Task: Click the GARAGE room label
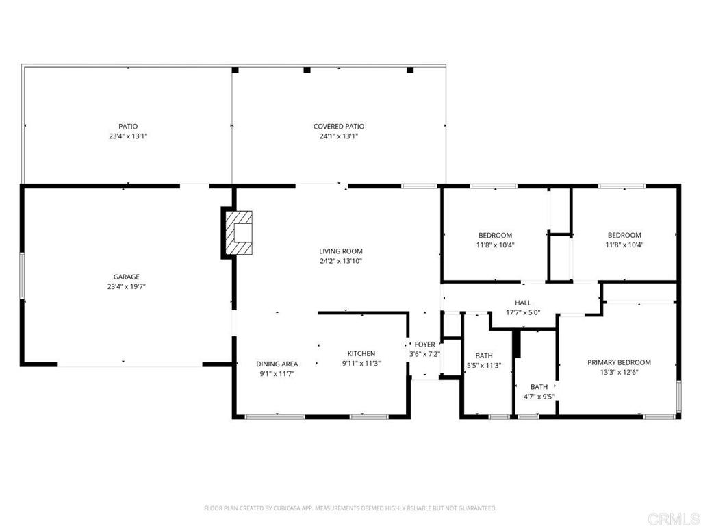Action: click(x=127, y=277)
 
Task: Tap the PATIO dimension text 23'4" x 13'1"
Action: click(x=128, y=136)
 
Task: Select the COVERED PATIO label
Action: click(x=339, y=127)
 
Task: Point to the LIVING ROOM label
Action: click(x=341, y=251)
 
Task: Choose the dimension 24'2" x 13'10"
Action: click(x=341, y=261)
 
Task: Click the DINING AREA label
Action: click(x=277, y=364)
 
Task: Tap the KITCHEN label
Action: click(x=361, y=354)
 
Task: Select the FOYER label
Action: click(x=424, y=345)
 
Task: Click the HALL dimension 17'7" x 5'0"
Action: click(x=523, y=312)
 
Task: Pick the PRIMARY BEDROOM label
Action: click(x=619, y=362)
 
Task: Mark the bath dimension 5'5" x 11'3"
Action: click(x=484, y=366)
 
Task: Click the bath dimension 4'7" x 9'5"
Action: click(x=539, y=397)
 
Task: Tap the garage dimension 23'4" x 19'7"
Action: click(x=127, y=287)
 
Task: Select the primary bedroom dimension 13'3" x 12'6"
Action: click(x=619, y=372)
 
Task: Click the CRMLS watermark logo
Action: click(x=672, y=519)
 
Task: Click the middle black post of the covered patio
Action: click(x=307, y=70)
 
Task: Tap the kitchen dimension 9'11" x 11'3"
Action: click(x=361, y=364)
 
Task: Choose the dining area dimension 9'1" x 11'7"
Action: click(x=277, y=374)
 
